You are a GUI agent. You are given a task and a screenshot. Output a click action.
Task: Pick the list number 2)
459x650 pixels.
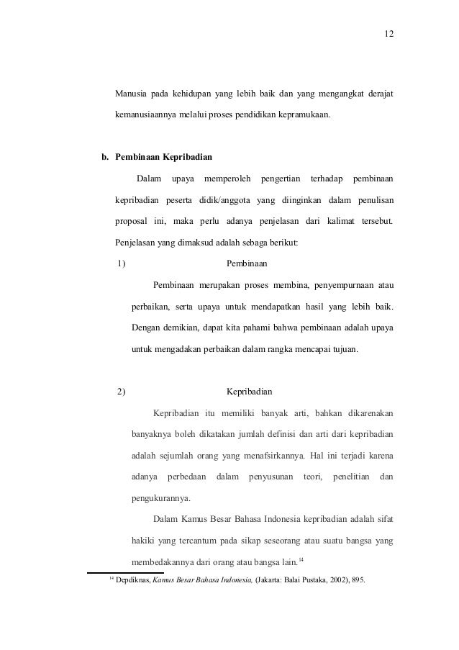(122, 392)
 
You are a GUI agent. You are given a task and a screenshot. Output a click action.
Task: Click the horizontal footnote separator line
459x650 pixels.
(125, 572)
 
